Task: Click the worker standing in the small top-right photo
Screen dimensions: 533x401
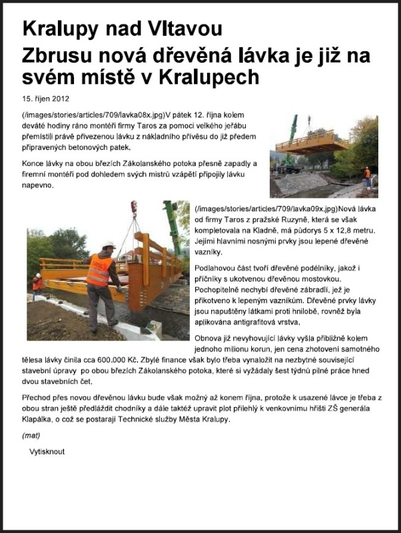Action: click(367, 177)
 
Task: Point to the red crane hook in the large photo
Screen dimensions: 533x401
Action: click(134, 209)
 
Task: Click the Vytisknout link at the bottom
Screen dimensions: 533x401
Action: click(47, 451)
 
